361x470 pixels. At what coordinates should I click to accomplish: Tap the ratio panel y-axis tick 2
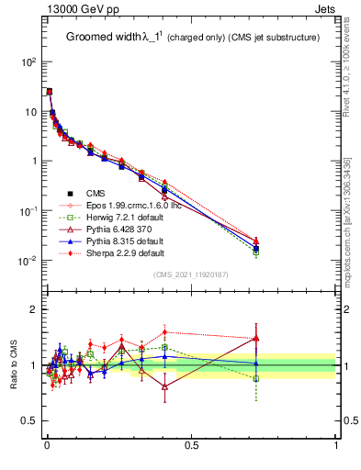(x=31, y=309)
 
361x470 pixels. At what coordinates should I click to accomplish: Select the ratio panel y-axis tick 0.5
(x=27, y=422)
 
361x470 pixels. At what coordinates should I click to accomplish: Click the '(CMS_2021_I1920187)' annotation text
(x=191, y=274)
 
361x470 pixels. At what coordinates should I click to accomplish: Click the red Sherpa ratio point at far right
(x=256, y=338)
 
